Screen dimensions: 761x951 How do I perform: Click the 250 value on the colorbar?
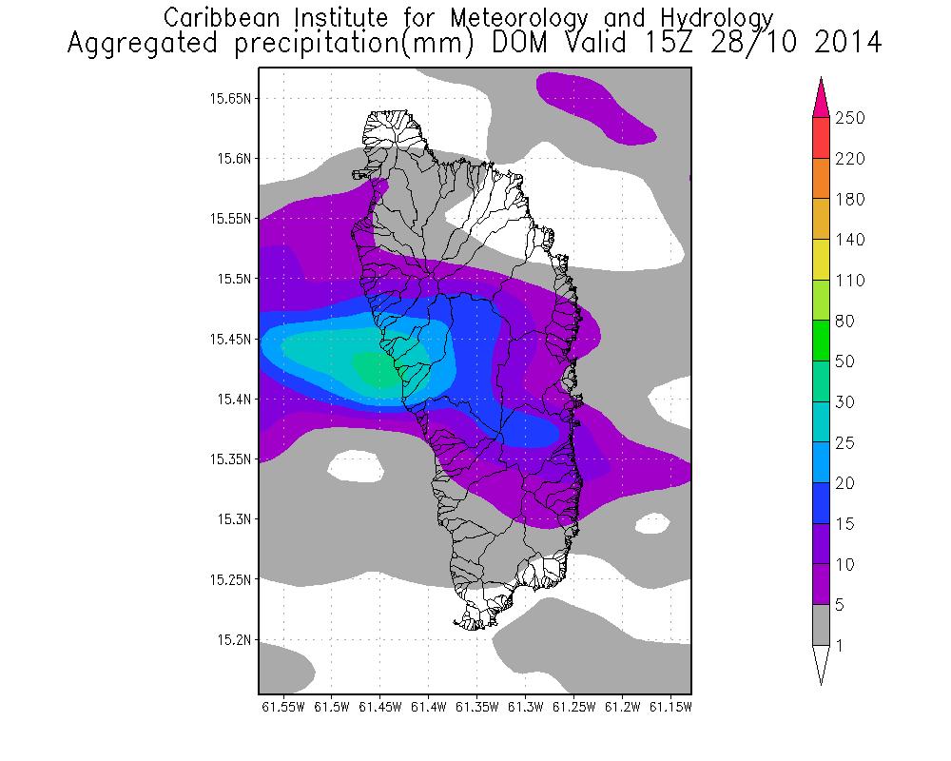pyautogui.click(x=850, y=118)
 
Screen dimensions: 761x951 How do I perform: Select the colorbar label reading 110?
pyautogui.click(x=850, y=281)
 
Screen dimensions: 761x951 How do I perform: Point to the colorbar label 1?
pyautogui.click(x=840, y=646)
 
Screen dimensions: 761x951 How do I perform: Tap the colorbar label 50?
pyautogui.click(x=845, y=361)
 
